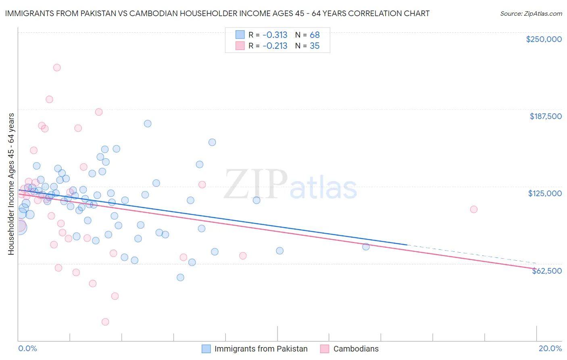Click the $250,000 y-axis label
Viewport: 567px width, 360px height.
(544, 39)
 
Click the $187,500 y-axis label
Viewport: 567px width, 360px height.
(545, 116)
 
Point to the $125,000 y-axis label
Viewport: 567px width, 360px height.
(545, 193)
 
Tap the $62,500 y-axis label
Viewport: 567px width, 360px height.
(546, 271)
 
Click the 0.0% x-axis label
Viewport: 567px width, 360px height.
(27, 348)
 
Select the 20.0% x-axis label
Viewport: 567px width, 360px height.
(550, 348)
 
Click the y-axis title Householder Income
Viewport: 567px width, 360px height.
(11, 184)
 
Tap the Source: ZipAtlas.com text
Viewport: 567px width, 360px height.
(531, 13)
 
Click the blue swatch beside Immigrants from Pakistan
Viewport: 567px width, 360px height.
(206, 349)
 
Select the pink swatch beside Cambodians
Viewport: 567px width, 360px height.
(325, 349)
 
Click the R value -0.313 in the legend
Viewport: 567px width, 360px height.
(275, 35)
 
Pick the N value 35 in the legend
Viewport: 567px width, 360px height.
(315, 46)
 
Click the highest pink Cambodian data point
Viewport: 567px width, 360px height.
(57, 67)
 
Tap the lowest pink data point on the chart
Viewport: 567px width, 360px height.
(105, 322)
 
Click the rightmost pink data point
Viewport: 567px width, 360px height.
(474, 209)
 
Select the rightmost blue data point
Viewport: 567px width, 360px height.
(366, 247)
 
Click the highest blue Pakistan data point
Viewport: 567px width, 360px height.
(148, 123)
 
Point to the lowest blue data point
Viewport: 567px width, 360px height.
(180, 277)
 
